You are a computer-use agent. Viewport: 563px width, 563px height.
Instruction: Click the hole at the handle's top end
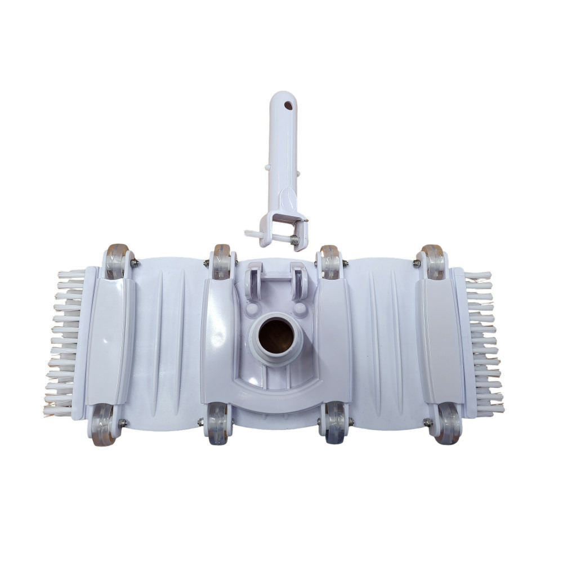point(288,105)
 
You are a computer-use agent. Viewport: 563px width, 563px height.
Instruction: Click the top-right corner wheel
point(434,262)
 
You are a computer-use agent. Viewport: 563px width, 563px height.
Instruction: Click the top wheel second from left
point(221,262)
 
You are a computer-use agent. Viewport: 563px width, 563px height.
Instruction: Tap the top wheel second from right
point(330,262)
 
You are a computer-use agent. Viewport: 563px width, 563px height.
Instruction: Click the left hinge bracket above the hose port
point(251,281)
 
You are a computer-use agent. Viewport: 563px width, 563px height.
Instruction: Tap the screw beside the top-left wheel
point(135,262)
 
